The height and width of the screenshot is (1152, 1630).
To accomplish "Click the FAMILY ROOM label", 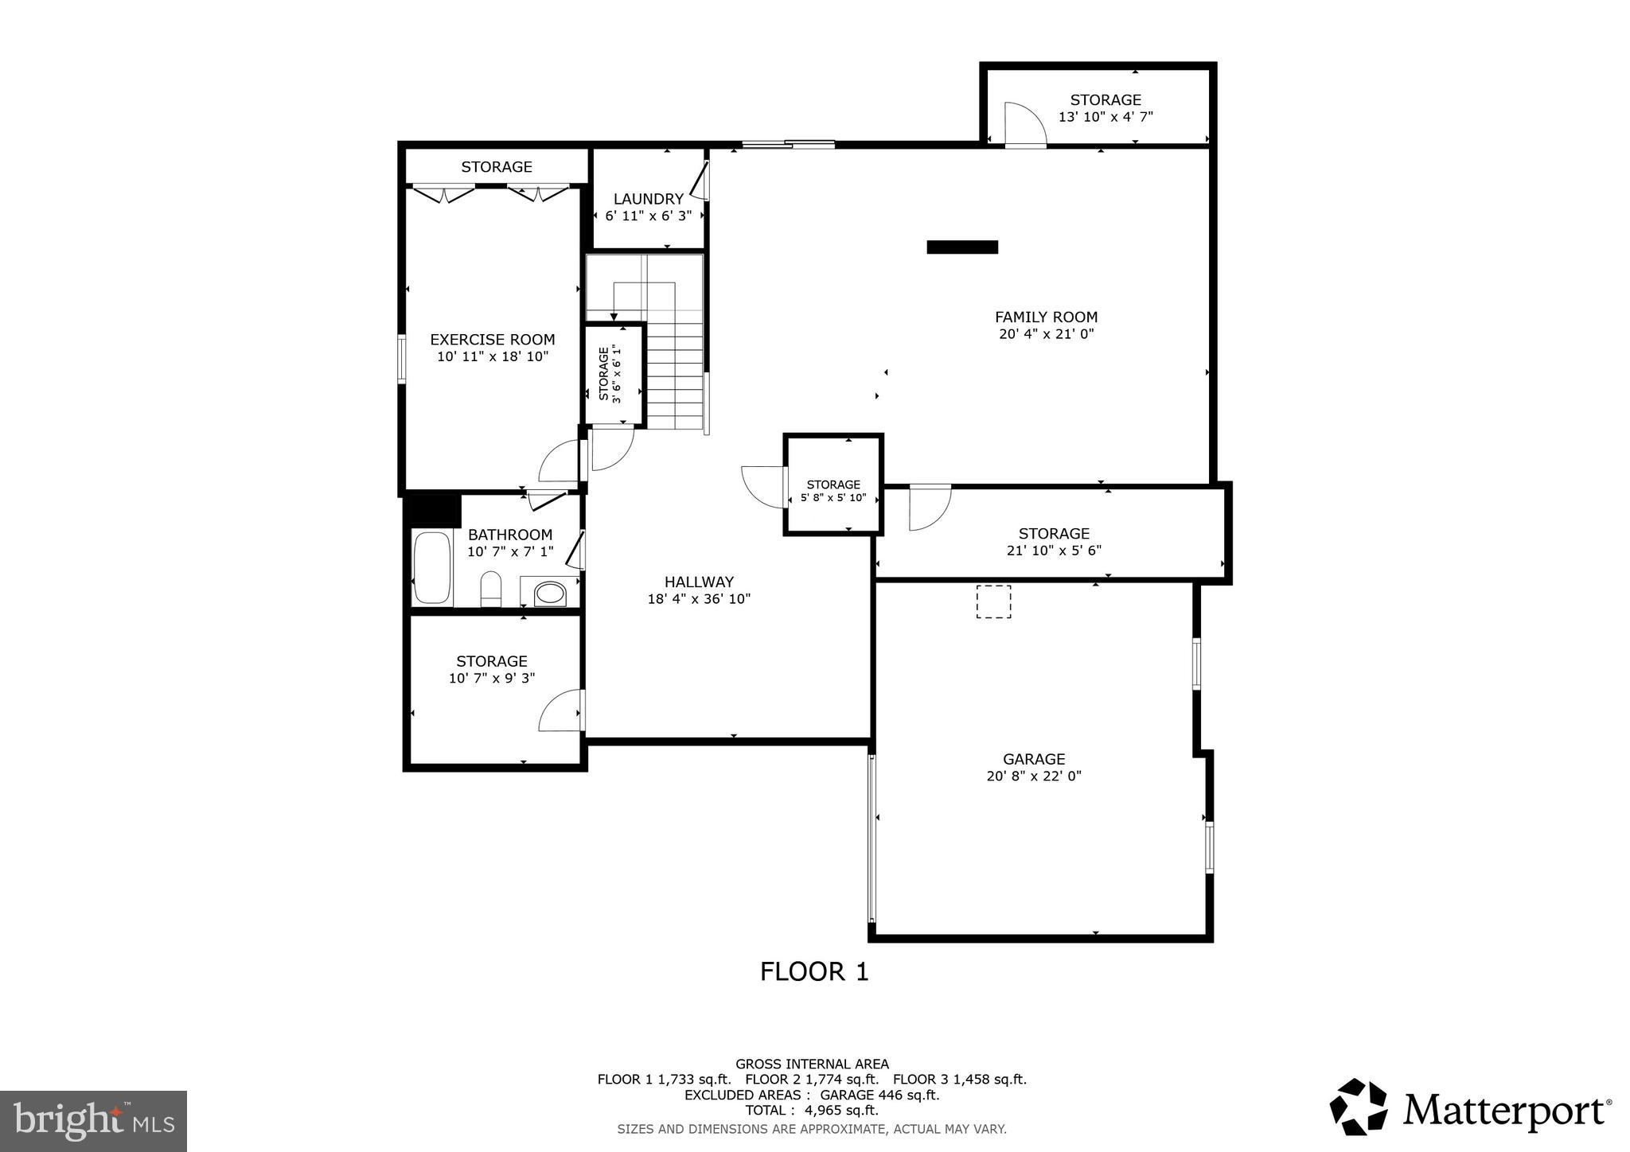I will pyautogui.click(x=1046, y=317).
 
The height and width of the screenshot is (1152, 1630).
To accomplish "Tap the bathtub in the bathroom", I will pyautogui.click(x=432, y=567).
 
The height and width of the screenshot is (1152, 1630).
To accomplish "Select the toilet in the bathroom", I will pyautogui.click(x=491, y=589).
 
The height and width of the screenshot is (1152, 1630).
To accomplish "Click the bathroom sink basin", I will pyautogui.click(x=549, y=593).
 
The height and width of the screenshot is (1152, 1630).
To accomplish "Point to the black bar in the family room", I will pyautogui.click(x=961, y=247).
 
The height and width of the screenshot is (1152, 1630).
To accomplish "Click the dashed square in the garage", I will pyautogui.click(x=993, y=601).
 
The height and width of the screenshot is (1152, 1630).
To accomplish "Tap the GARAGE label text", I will pyautogui.click(x=1034, y=759).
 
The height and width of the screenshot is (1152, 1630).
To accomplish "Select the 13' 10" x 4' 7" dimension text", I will pyautogui.click(x=1106, y=117).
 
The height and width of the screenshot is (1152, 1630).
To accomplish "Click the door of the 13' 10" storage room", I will pyautogui.click(x=1024, y=126).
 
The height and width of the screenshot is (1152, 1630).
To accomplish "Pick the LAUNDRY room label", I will pyautogui.click(x=648, y=199).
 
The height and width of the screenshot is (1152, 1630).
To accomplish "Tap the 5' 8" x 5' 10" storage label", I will pyautogui.click(x=833, y=492).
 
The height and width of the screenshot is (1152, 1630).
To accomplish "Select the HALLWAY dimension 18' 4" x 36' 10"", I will pyautogui.click(x=699, y=599).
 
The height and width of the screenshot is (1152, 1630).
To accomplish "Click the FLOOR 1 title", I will pyautogui.click(x=813, y=971).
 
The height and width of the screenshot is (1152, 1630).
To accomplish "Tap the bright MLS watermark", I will pyautogui.click(x=93, y=1121).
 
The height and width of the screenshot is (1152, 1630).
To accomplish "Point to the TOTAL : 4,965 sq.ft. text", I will pyautogui.click(x=811, y=1110).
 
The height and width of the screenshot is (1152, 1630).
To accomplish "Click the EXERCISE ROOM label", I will pyautogui.click(x=492, y=340).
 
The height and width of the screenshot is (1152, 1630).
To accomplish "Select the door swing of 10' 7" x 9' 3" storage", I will pyautogui.click(x=560, y=711).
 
